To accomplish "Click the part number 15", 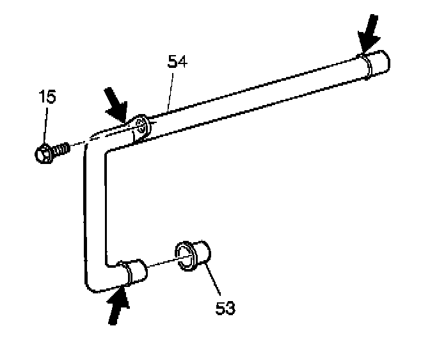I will (46, 98).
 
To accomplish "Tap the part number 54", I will (177, 62).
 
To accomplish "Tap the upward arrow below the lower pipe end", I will (117, 306).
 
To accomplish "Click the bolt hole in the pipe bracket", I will (140, 124).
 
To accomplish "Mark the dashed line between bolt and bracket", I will (81, 143).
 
